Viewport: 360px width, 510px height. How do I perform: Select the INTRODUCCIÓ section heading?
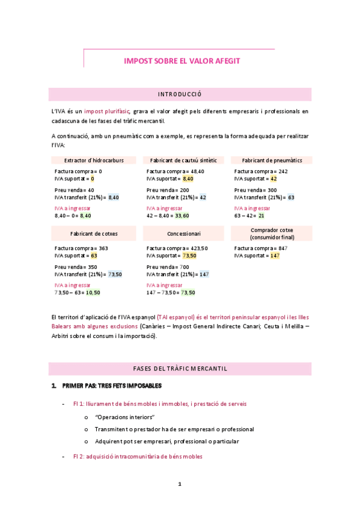[x=180, y=94]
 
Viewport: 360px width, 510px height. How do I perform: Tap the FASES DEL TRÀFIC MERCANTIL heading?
[x=180, y=369]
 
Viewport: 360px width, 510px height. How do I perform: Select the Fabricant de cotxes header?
[x=94, y=233]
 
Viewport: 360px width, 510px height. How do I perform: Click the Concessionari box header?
[x=184, y=233]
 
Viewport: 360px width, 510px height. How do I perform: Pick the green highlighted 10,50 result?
[x=93, y=292]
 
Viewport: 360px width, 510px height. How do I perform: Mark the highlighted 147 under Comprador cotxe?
[x=275, y=256]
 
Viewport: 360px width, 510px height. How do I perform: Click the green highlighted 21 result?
[x=261, y=215]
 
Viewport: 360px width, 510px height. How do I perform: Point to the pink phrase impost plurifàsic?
[x=107, y=111]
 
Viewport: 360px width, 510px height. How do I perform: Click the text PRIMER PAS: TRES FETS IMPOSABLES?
[x=111, y=386]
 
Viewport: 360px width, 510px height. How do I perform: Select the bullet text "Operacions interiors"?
[x=125, y=417]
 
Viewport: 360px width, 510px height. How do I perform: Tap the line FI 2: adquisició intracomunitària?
[x=138, y=456]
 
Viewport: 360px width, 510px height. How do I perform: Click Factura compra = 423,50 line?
[x=177, y=248]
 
